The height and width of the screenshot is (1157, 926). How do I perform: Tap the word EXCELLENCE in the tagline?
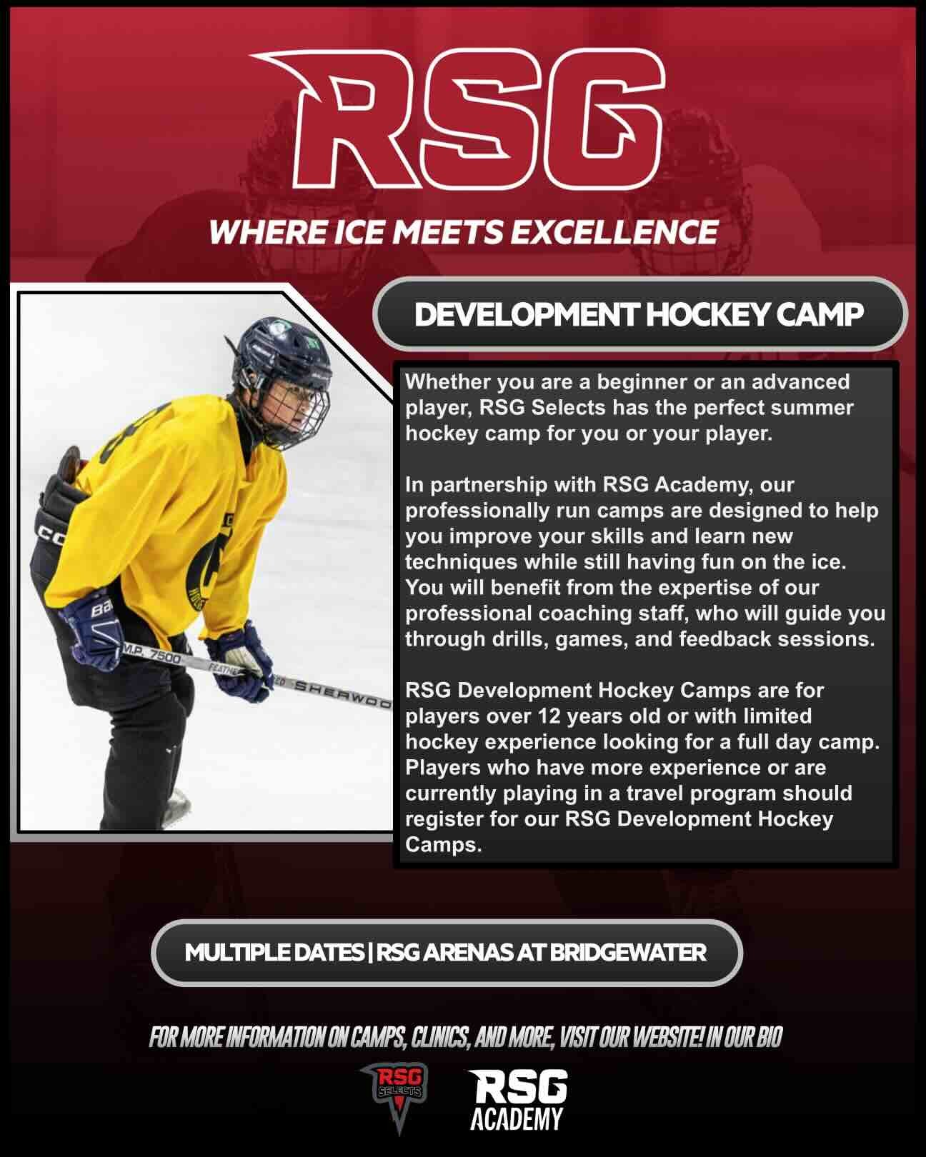(x=614, y=232)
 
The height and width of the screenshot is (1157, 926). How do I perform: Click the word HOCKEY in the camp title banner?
(x=708, y=314)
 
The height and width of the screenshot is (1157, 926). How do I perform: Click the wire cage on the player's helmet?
(x=293, y=414)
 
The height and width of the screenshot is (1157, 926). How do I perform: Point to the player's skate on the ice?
(x=175, y=810)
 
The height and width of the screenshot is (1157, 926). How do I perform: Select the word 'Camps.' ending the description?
(x=444, y=846)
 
